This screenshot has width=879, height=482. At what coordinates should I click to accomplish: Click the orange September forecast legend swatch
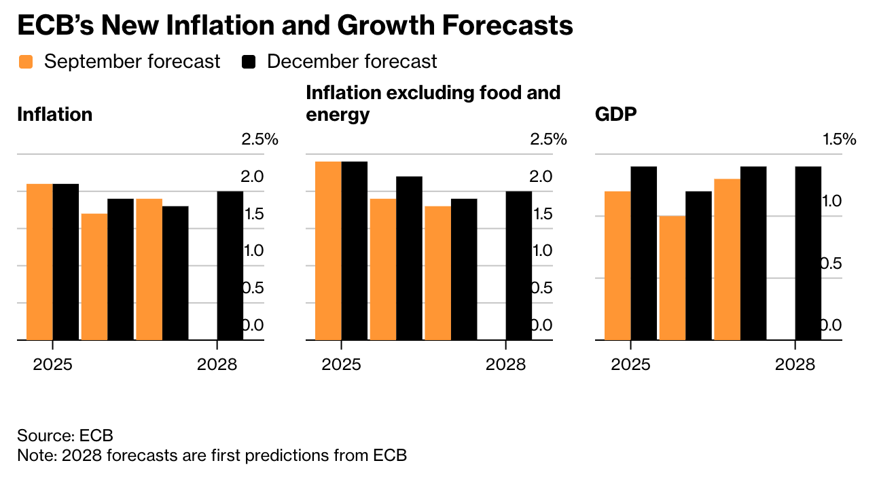(x=26, y=62)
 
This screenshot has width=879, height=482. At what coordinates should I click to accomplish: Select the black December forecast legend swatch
(x=249, y=62)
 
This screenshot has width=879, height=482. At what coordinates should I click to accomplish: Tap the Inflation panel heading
(x=54, y=114)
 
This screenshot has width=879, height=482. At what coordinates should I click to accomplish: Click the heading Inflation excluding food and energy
(x=433, y=103)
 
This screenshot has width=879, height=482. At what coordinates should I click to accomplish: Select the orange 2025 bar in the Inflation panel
(x=40, y=261)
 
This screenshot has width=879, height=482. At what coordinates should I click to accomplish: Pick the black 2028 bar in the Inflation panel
(x=230, y=265)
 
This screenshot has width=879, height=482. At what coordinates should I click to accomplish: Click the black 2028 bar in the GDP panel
(x=808, y=253)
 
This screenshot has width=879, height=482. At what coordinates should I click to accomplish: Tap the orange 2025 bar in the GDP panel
(x=617, y=265)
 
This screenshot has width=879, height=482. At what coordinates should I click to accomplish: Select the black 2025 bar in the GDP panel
(x=644, y=253)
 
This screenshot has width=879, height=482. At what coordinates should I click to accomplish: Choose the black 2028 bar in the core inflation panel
(x=519, y=265)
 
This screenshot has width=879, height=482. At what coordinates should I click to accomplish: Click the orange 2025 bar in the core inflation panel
(x=328, y=250)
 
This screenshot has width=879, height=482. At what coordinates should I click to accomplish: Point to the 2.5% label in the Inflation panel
(x=259, y=140)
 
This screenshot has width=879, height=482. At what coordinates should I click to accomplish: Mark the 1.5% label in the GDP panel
(x=839, y=140)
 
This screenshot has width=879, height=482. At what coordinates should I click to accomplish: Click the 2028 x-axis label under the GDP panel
(x=795, y=365)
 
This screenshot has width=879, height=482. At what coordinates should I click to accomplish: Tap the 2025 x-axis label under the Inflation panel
(x=53, y=365)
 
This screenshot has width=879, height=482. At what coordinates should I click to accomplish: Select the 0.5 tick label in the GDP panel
(x=830, y=263)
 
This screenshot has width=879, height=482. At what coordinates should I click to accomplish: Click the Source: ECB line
(x=65, y=435)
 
